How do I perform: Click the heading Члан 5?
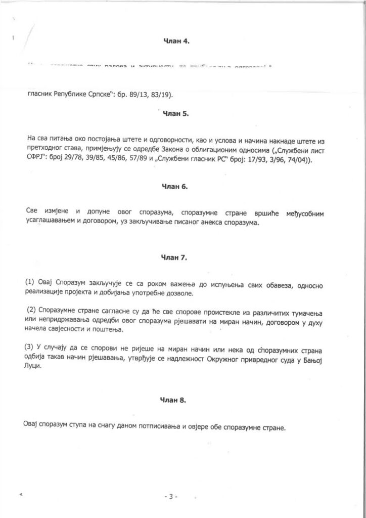pos(176,114)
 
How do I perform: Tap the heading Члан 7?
pos(176,258)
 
